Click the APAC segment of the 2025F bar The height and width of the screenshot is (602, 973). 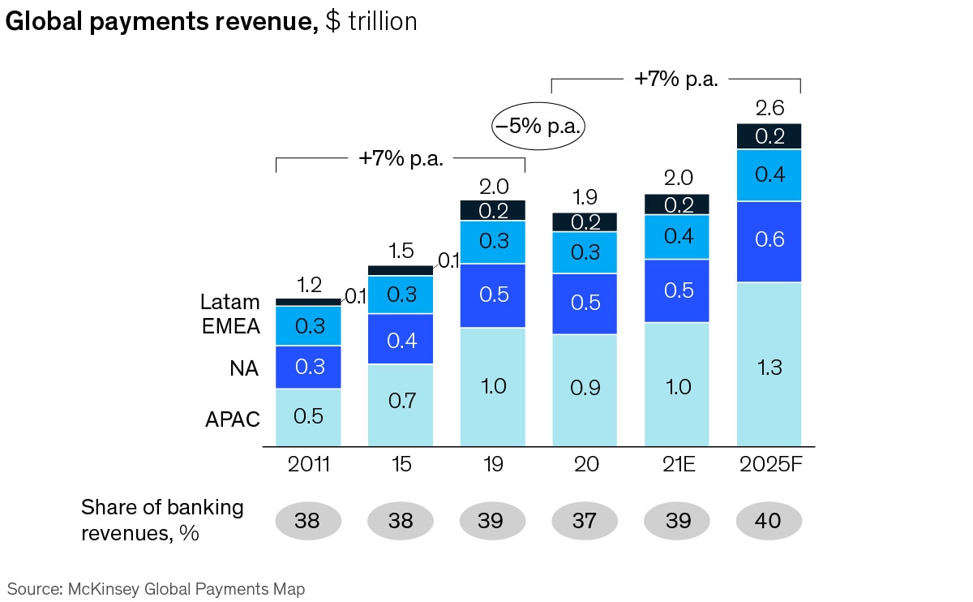769,364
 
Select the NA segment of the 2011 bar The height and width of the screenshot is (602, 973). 308,367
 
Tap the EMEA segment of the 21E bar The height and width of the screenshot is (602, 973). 677,236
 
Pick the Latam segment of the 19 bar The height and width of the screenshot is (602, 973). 493,210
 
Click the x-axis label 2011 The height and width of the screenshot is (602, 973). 309,465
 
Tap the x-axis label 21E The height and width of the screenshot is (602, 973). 676,465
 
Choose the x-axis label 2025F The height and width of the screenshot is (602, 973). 768,465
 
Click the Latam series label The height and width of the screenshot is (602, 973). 230,303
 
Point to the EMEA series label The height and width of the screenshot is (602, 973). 230,327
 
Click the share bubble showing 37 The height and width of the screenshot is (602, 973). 585,520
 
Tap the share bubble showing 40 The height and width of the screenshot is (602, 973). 769,520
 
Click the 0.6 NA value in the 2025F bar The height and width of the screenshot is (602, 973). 769,239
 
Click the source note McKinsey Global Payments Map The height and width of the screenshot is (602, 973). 156,589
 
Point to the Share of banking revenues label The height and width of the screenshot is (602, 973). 162,520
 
